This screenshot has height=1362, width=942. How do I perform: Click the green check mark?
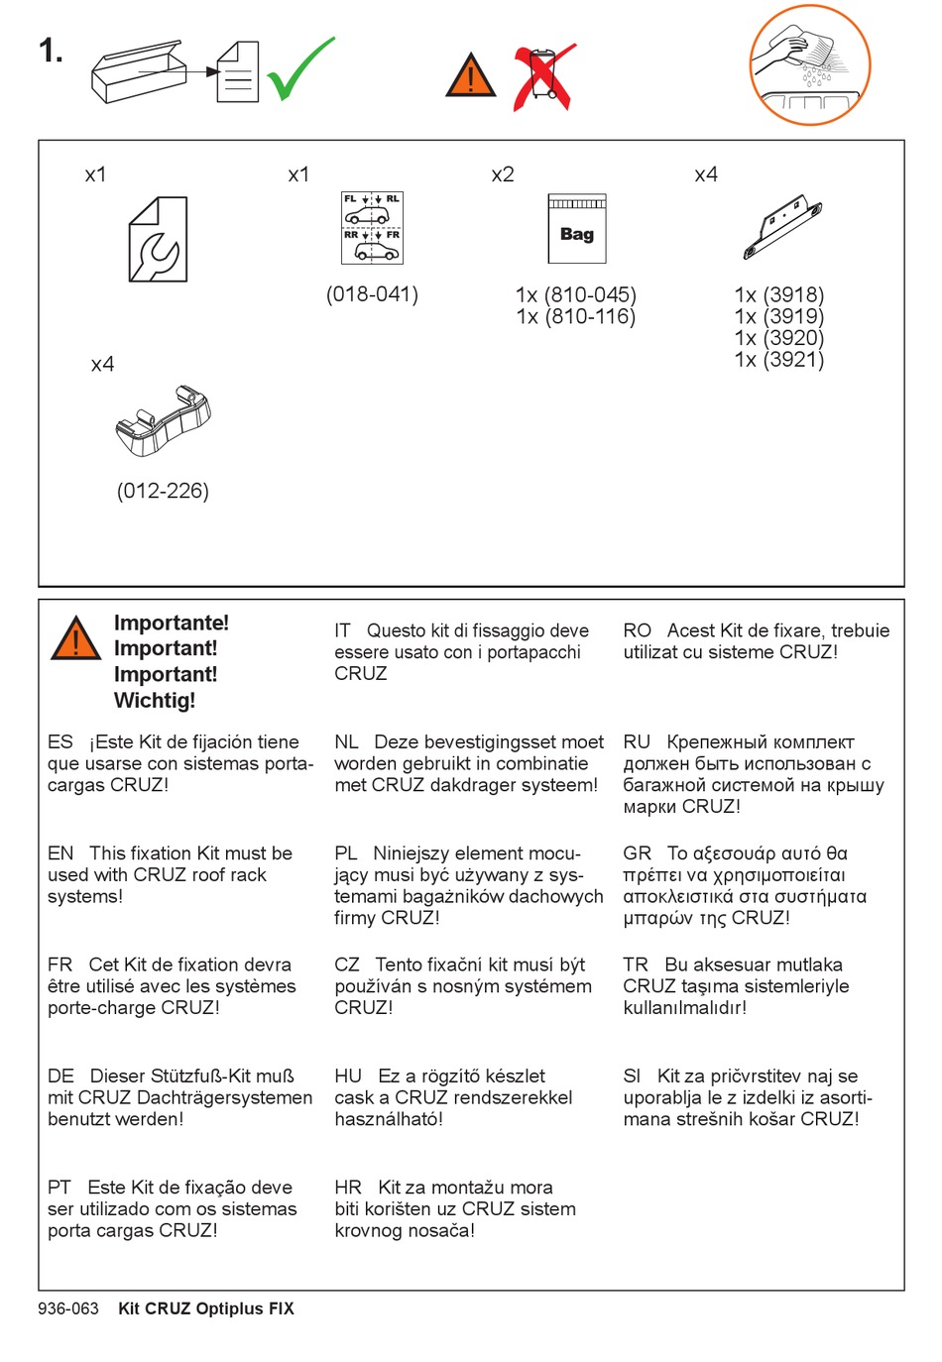(x=299, y=69)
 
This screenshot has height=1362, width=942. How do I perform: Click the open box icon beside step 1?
(x=138, y=71)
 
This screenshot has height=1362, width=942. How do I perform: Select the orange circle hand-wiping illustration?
(x=809, y=65)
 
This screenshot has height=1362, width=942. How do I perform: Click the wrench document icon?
(x=158, y=240)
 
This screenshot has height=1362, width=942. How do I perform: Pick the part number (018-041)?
(x=372, y=294)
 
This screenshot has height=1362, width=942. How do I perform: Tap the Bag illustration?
(x=576, y=229)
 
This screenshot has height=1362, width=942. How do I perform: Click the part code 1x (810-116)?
(x=575, y=317)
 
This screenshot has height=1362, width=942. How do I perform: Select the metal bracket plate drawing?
(x=782, y=225)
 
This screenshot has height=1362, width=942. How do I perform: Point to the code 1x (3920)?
(x=779, y=338)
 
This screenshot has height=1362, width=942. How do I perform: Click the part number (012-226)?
(x=163, y=491)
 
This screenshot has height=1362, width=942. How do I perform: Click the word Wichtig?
(x=155, y=701)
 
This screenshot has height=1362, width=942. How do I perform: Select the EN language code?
(x=60, y=853)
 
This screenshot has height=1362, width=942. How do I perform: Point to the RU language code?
(x=637, y=742)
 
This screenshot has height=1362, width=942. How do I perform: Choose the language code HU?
(x=348, y=1077)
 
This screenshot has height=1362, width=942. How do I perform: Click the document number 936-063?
(x=68, y=1308)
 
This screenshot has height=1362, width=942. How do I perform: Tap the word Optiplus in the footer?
(x=230, y=1308)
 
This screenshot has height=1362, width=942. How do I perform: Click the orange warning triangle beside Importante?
(x=75, y=639)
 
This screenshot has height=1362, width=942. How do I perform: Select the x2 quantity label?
(x=503, y=175)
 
